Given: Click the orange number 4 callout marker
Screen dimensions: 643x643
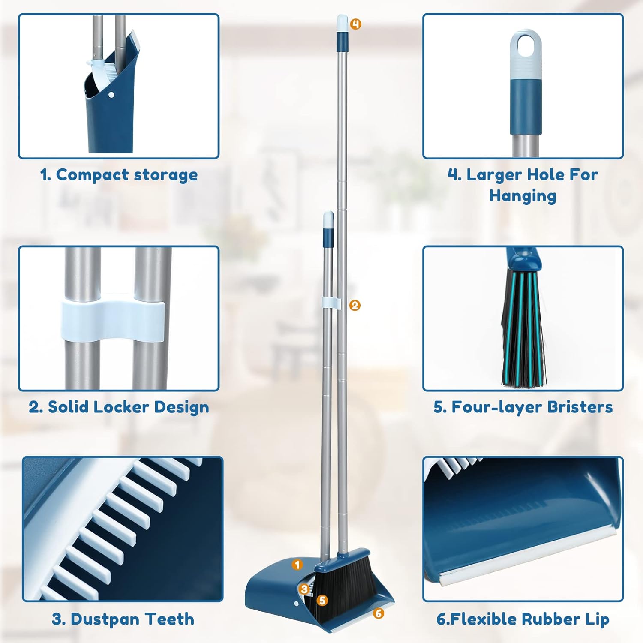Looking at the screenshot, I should pyautogui.click(x=355, y=24).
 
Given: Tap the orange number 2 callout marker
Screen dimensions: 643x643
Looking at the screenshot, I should pyautogui.click(x=355, y=305).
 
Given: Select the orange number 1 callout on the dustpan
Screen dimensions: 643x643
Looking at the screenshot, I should pyautogui.click(x=297, y=564).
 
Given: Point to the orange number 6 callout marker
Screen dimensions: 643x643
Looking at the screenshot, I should pyautogui.click(x=378, y=613).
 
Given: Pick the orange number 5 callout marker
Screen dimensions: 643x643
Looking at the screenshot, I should pyautogui.click(x=322, y=601).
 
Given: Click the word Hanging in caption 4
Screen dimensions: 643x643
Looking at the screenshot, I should pyautogui.click(x=523, y=196).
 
